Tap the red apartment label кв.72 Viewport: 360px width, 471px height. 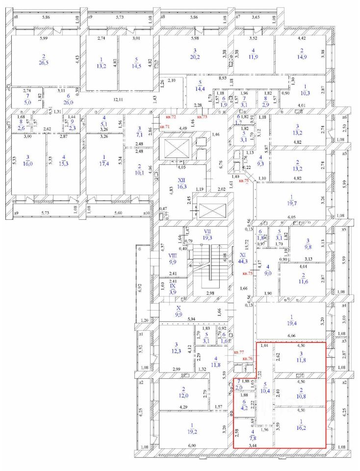(171, 117)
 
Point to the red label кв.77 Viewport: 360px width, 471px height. (239, 352)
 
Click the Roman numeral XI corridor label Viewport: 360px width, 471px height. (242, 255)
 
